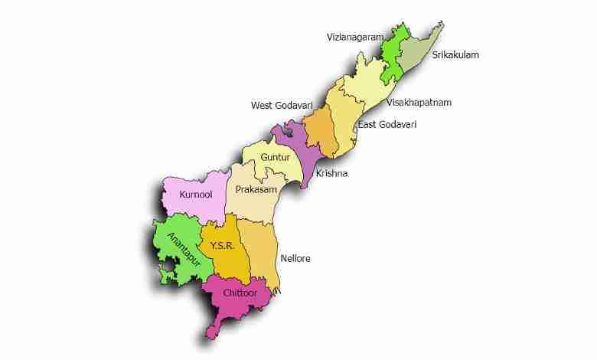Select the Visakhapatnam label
tap(419, 102)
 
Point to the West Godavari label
tap(282, 104)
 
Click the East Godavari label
tap(387, 124)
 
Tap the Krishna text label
tap(332, 173)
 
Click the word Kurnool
tap(195, 195)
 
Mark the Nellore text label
tap(295, 259)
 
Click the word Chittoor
tap(239, 293)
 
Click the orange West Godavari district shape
tap(318, 135)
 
